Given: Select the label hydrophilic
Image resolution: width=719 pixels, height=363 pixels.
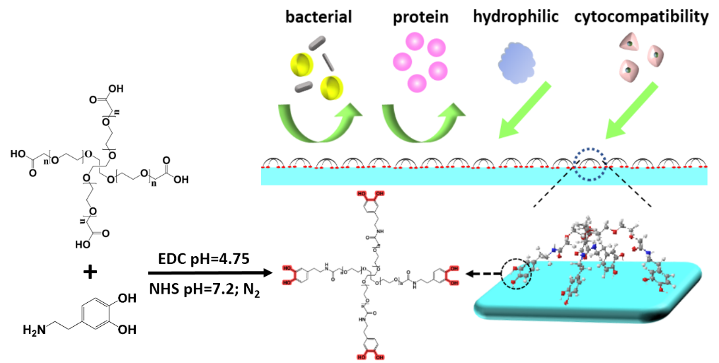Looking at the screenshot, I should (x=516, y=16).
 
